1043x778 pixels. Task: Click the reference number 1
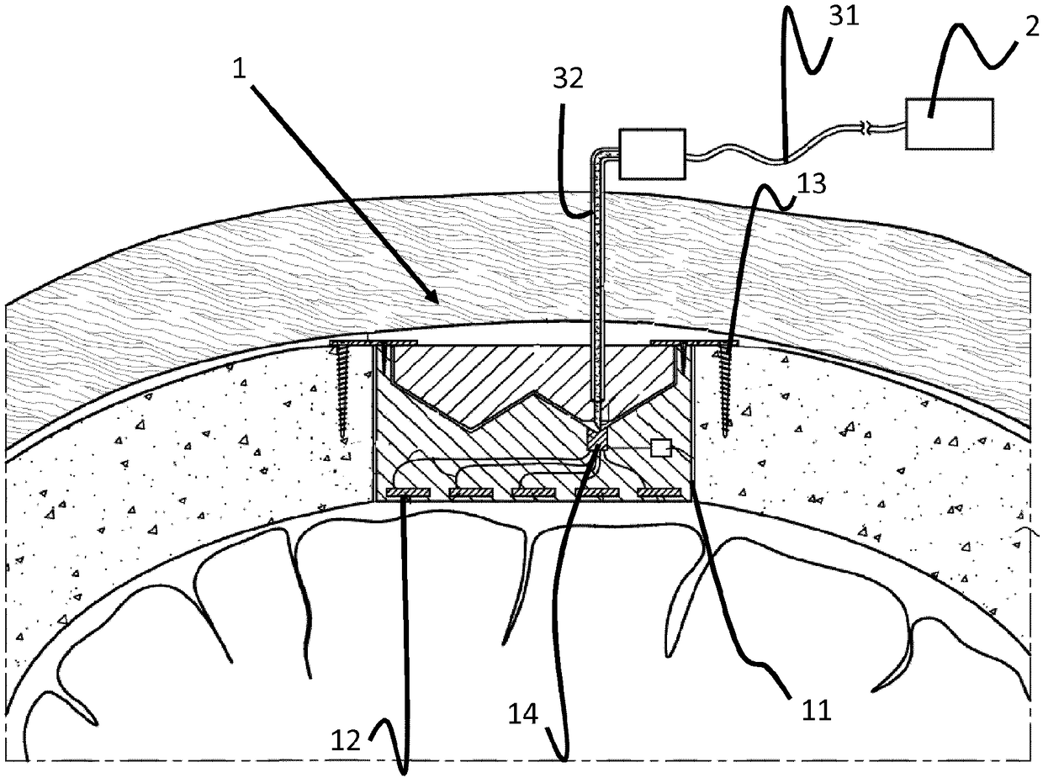pos(240,69)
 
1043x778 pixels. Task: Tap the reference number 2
pos(1031,27)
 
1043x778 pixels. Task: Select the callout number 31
pos(844,16)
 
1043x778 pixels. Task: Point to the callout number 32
pos(568,78)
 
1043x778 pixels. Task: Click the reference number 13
pos(812,184)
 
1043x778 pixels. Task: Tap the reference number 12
pos(346,740)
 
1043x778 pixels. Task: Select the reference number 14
pos(523,714)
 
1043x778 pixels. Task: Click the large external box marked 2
pos(950,124)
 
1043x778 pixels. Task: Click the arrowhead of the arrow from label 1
pos(432,298)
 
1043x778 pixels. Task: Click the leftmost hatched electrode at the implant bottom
pos(409,492)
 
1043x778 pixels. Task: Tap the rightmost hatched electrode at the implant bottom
pos(659,492)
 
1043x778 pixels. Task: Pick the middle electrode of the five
pos(533,492)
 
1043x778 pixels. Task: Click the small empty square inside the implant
pos(661,448)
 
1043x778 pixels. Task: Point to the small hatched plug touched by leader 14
pos(598,439)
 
